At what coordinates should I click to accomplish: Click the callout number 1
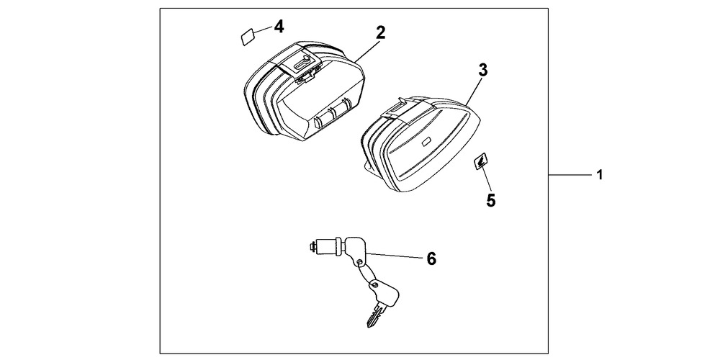600,174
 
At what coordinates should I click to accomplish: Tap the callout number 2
380,32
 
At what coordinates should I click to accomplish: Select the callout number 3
483,71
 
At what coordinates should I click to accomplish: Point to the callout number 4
279,27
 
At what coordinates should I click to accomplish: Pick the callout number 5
490,200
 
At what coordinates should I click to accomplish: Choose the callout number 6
431,258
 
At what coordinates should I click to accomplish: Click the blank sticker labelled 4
248,37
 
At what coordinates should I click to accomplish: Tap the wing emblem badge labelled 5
480,161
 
